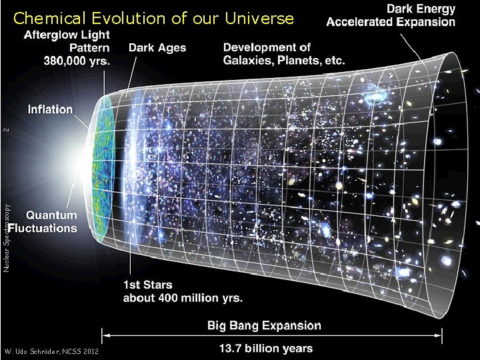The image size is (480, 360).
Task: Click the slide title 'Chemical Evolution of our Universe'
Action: coord(153,18)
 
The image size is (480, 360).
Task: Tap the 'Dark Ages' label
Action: coord(157,48)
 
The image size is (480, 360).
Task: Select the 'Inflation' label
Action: coord(51,109)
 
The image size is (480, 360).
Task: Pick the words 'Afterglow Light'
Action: coord(68,35)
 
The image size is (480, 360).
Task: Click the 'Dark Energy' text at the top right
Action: coord(421,9)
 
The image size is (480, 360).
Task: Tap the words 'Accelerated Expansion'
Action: coord(391,22)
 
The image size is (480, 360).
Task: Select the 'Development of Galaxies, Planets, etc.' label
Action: coord(284,54)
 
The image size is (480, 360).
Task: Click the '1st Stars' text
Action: coord(146,285)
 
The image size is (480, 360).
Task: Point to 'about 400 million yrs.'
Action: coord(183,297)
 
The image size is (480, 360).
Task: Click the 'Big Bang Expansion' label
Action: coord(264,325)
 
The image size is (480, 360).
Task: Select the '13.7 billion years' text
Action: coord(266,347)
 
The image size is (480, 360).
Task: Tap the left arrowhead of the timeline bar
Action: coord(105,336)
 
